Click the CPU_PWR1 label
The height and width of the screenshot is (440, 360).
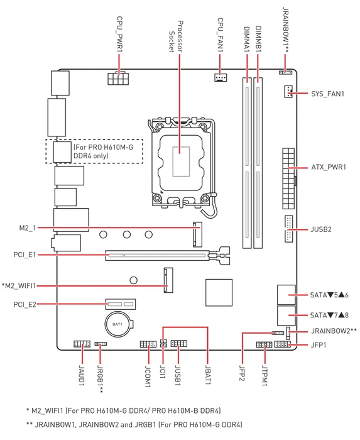pyautogui.click(x=120, y=34)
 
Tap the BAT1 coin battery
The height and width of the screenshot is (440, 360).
pyautogui.click(x=119, y=324)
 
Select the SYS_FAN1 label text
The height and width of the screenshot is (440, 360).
pyautogui.click(x=327, y=94)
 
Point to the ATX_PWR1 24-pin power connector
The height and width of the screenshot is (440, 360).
pyautogui.click(x=289, y=179)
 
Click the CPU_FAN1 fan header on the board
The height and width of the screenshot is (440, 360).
pyautogui.click(x=221, y=77)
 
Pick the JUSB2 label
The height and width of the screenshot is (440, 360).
pyautogui.click(x=321, y=229)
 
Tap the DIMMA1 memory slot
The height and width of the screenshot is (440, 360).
pyautogui.click(x=247, y=163)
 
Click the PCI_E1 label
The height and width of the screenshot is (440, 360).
pyautogui.click(x=25, y=255)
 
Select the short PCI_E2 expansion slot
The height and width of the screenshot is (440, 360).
pyautogui.click(x=120, y=304)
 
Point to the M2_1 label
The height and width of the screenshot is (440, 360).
pyautogui.click(x=28, y=228)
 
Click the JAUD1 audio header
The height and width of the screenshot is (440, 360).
pyautogui.click(x=82, y=344)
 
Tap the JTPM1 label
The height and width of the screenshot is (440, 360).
pyautogui.click(x=265, y=375)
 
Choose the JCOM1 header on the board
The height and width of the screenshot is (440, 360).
pyautogui.click(x=148, y=344)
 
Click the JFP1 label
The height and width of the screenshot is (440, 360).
pyautogui.click(x=319, y=344)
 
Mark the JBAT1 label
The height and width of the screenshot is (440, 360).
pyautogui.click(x=208, y=375)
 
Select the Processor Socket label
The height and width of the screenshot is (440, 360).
pyautogui.click(x=176, y=36)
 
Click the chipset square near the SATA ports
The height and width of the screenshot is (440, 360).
pyautogui.click(x=219, y=292)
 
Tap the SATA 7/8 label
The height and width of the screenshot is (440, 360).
pyautogui.click(x=329, y=315)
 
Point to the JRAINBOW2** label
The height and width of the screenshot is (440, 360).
pyautogui.click(x=334, y=331)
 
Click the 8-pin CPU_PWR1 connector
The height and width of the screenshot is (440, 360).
pyautogui.click(x=118, y=79)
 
